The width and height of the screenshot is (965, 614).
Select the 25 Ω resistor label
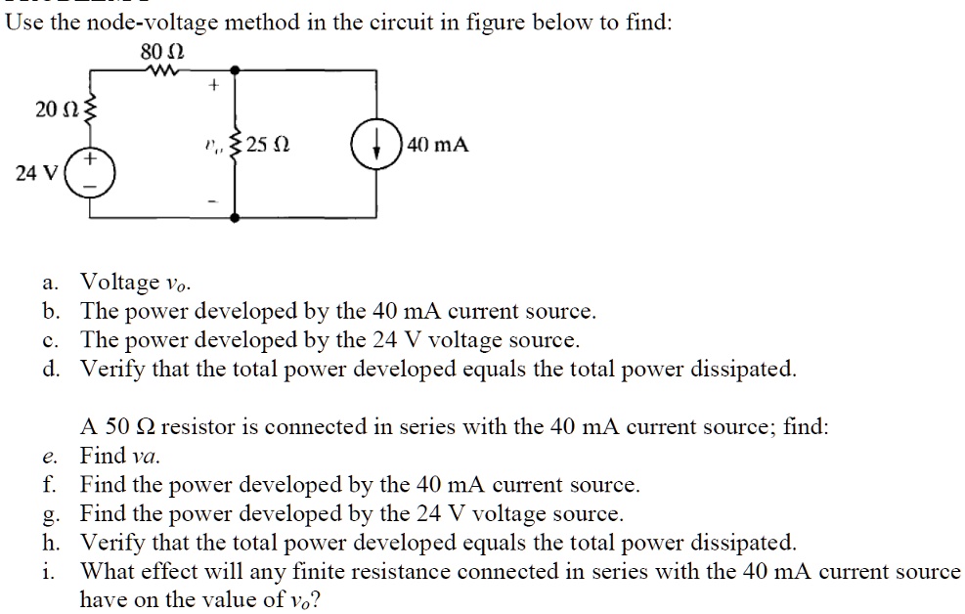pyautogui.click(x=267, y=146)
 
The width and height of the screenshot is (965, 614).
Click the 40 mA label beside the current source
pyautogui.click(x=439, y=146)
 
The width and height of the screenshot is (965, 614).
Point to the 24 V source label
pyautogui.click(x=39, y=173)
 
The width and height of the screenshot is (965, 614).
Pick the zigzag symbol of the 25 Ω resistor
pyautogui.click(x=235, y=146)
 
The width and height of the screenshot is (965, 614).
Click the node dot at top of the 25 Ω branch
pyautogui.click(x=235, y=70)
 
